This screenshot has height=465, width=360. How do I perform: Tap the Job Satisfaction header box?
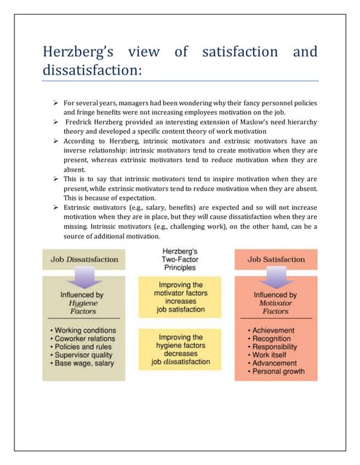tap(273, 259)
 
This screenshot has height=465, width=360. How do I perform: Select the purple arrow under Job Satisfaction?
tap(273, 279)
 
